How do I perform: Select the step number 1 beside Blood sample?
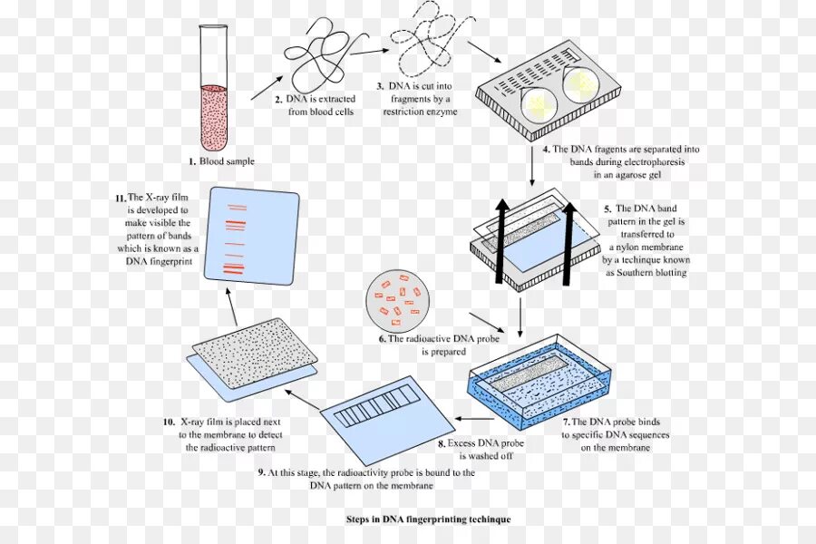tap(192, 161)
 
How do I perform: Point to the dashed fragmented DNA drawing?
tap(424, 41)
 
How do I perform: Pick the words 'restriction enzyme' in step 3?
tap(420, 112)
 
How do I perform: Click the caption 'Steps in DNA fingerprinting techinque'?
tap(428, 520)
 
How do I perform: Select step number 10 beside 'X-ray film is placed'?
tap(169, 422)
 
